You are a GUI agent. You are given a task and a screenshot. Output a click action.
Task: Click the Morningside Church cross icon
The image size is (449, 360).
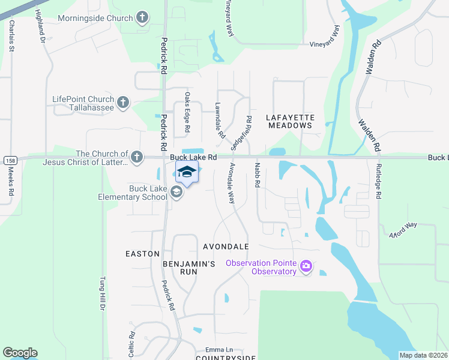pos(142,17)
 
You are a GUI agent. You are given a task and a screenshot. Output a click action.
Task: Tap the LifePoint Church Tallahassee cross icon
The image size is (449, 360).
pos(122,102)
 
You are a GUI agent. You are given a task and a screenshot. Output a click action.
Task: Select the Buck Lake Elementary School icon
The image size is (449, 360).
pos(176,192)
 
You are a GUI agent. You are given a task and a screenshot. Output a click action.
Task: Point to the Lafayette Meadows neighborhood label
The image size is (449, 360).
pos(290,121)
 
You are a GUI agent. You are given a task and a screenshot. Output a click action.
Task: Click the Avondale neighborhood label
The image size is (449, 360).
pos(226,247)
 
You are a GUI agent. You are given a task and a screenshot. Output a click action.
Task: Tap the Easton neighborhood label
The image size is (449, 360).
pos(142,254)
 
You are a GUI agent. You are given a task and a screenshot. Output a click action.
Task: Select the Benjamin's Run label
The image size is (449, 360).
pos(188,268)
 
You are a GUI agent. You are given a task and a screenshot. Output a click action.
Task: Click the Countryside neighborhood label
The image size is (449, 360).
pos(226,358)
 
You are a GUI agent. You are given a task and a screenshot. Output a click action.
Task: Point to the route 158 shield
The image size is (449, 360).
pos(9,160)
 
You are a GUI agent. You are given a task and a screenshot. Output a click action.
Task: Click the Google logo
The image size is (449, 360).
pos(20,353)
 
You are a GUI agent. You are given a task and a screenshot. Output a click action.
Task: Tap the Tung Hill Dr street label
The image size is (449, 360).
pos(102,294)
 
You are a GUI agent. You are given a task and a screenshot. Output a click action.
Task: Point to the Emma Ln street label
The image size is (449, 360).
pos(218,349)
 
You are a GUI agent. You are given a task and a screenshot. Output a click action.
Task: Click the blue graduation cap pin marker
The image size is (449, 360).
pos(187,172)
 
